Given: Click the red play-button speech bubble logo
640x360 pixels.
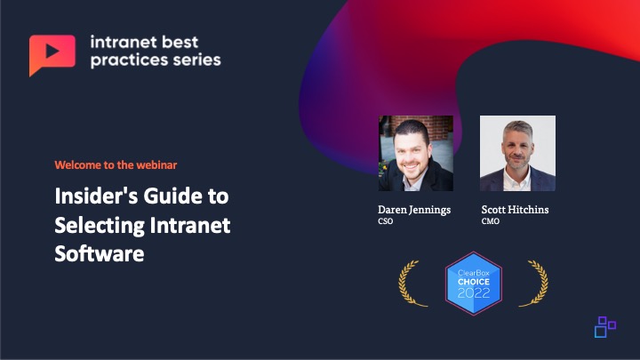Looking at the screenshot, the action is coord(52,53).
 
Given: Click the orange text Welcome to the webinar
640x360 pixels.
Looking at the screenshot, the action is coord(116,165).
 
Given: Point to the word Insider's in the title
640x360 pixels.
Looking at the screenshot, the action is coord(96,196).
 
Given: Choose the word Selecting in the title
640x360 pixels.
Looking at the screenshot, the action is coord(100,226).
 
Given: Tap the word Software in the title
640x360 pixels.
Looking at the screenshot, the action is coord(100,253).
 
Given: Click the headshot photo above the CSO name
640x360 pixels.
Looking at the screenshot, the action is coord(415,153).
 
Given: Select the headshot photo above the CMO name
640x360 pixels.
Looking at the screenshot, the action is coord(517,153).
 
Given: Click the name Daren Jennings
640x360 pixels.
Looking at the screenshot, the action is coord(414,210).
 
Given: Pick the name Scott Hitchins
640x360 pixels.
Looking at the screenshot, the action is coord(515,210).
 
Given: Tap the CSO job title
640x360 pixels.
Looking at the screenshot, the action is coord(386,221).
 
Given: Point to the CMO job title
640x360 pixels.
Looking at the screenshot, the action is coord(490,221).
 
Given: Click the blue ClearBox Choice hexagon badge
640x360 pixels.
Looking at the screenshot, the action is coord(474,284).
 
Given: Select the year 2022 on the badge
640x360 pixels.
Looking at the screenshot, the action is coord(474,293).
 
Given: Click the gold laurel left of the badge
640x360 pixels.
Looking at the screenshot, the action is coord(410,283).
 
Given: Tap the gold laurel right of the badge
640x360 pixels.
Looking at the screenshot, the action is coord(535,283).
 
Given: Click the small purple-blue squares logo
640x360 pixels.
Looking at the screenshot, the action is coord(605,326).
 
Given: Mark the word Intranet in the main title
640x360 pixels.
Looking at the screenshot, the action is coord(190,225).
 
